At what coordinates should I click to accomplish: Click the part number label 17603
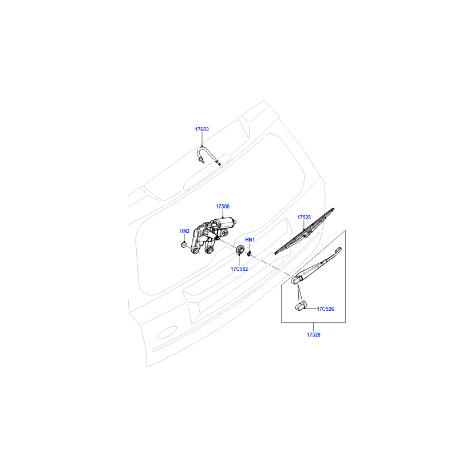202,129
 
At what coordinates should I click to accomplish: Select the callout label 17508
223,207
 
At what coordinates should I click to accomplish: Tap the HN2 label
184,231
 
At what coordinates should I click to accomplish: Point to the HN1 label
250,239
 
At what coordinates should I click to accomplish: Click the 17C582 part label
239,269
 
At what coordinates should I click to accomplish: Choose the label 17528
304,218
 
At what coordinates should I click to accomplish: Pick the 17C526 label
325,309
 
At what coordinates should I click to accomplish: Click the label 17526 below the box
313,335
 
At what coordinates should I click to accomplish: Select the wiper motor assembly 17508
211,235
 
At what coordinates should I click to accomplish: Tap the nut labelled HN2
184,244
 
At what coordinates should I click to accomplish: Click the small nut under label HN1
249,254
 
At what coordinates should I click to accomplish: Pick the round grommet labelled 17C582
240,250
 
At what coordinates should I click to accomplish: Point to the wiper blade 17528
305,231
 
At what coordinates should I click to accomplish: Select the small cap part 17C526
300,306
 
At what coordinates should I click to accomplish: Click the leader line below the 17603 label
202,139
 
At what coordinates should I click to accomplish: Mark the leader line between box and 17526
313,327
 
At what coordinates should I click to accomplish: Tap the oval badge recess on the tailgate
167,333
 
